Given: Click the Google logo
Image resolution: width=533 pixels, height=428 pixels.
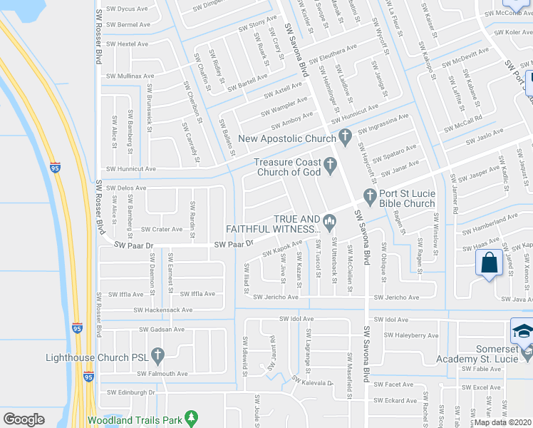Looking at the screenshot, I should click(x=24, y=419).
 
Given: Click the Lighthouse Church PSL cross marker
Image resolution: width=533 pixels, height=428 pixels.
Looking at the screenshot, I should click(x=157, y=355).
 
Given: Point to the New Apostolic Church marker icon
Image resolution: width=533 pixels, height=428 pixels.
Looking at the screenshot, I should click(x=345, y=136).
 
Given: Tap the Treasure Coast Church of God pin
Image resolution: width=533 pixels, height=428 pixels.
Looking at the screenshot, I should click(x=330, y=166).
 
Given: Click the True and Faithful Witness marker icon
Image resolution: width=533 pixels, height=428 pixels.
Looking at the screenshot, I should click(x=329, y=222).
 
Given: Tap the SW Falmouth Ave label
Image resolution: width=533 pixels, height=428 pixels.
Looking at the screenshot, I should click(x=162, y=373).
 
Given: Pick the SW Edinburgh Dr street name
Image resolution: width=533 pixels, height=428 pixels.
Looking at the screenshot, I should click(x=131, y=392).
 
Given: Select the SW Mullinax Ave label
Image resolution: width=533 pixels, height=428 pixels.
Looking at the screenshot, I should click(x=131, y=75).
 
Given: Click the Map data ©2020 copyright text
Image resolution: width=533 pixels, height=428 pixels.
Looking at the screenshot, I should click(x=502, y=422).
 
